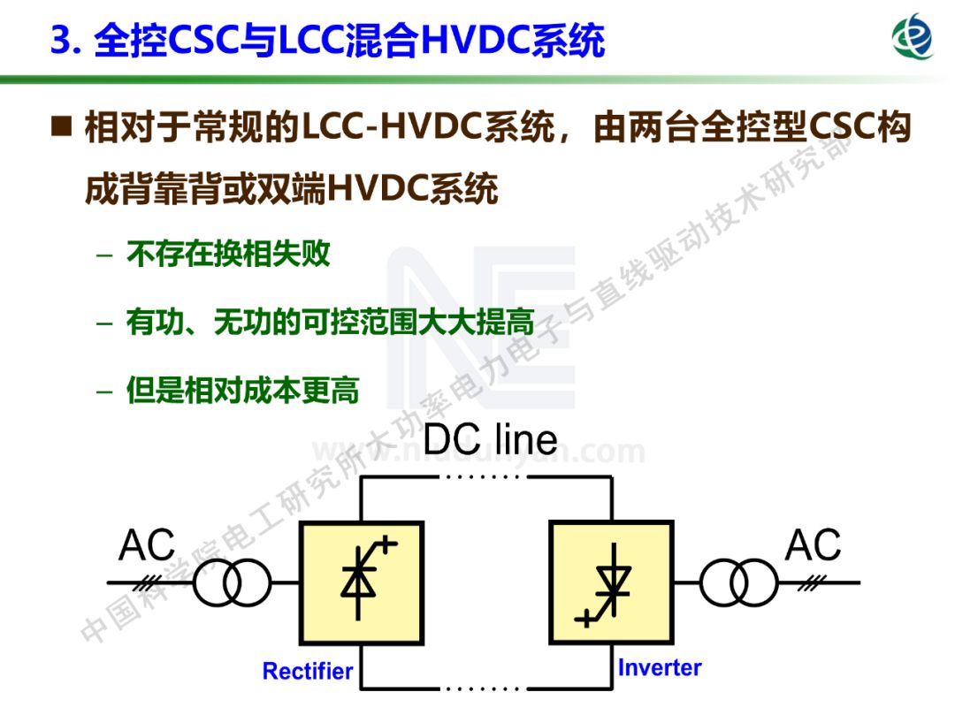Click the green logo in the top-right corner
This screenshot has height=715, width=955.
tap(912, 36)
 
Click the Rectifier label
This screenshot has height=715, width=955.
tap(308, 671)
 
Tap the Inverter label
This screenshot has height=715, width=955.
tap(660, 667)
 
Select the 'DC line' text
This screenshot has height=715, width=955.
tap(491, 438)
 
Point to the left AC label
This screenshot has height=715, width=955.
tap(147, 545)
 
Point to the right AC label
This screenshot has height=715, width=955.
tap(813, 545)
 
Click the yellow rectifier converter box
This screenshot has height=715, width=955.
tap(361, 582)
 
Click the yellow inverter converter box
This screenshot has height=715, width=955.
tap(611, 582)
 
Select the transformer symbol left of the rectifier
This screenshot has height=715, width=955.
tap(231, 583)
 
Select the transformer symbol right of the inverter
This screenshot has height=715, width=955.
tap(738, 583)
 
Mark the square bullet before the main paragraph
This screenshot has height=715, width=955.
tap(62, 129)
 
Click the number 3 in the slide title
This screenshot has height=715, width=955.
tap(59, 42)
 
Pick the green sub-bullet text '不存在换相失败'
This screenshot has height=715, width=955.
tap(228, 255)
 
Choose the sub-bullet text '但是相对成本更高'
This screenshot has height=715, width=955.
tap(242, 392)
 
